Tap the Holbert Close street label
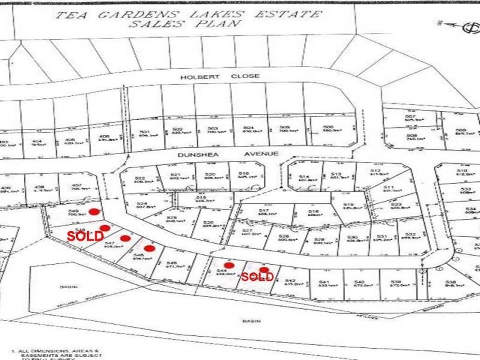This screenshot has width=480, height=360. coord(219,77)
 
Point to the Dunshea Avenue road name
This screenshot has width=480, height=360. coord(228,154)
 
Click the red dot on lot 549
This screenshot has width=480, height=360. coord(95,211)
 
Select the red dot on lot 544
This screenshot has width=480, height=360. coord(229,265)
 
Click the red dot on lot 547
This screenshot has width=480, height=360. coord(125,238)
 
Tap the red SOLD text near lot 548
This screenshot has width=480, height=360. coord(85,236)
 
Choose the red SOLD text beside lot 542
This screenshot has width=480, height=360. coord(257,277)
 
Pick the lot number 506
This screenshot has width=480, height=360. coord(328,127)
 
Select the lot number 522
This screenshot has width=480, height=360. coord(140,179)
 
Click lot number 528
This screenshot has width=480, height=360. coord(284,236)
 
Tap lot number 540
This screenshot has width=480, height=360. coord(360,281)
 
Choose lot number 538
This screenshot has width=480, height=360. coord(451,282)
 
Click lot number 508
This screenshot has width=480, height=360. coord(412,136)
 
